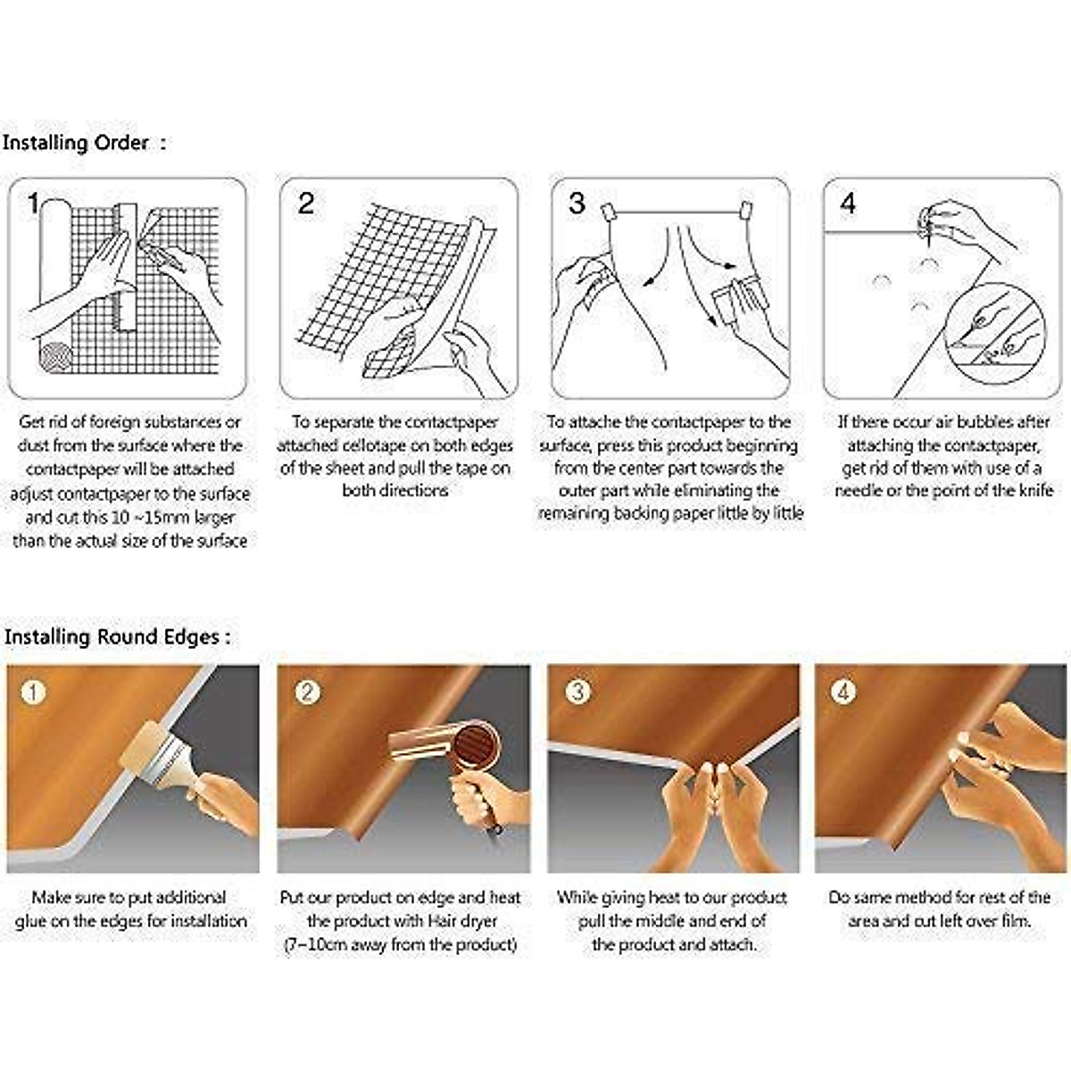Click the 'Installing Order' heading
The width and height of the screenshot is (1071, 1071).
tap(76, 143)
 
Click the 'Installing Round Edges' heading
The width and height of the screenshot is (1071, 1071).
tap(112, 637)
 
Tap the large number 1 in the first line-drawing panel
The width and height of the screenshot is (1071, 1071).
tap(33, 203)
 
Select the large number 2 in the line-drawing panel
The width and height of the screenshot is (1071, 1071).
tap(306, 203)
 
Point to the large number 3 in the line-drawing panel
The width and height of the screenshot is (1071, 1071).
tap(577, 203)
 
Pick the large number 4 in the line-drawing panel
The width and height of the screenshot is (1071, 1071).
tap(848, 203)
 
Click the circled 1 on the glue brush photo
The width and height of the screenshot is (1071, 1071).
tap(33, 693)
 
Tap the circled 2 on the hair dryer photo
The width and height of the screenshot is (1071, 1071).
tap(307, 693)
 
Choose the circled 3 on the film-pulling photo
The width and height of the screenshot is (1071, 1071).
tap(578, 693)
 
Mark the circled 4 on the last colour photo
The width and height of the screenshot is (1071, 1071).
tap(843, 693)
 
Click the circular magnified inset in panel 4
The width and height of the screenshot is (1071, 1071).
tap(994, 333)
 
